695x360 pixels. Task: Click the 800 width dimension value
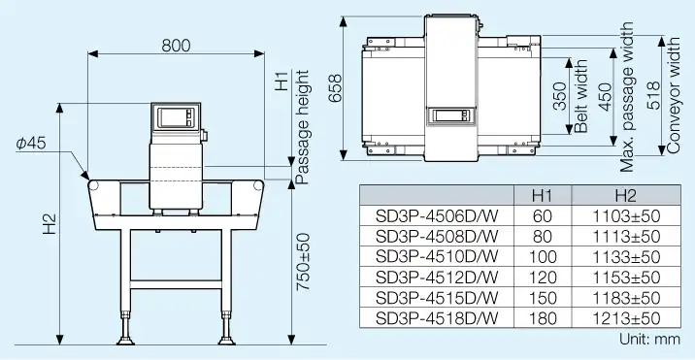coord(176,44)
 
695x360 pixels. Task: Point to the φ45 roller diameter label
coord(30,144)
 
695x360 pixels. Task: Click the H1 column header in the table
coord(544,195)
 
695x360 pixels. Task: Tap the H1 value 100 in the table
coord(544,257)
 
